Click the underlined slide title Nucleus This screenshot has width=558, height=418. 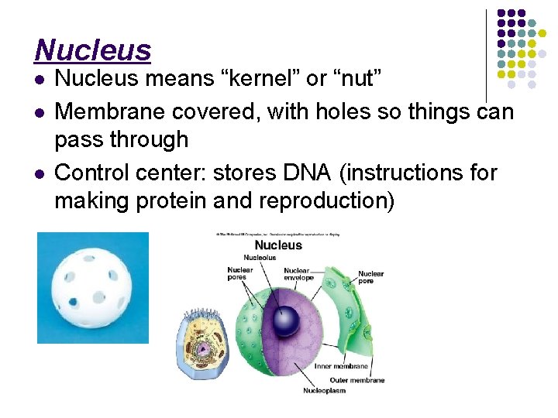pyautogui.click(x=92, y=50)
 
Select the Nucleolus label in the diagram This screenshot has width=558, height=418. pyautogui.click(x=260, y=257)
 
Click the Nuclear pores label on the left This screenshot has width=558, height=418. pyautogui.click(x=239, y=274)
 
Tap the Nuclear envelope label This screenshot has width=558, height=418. pyautogui.click(x=298, y=274)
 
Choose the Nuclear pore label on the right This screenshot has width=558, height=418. pyautogui.click(x=370, y=278)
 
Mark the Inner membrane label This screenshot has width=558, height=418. pyautogui.click(x=333, y=366)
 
